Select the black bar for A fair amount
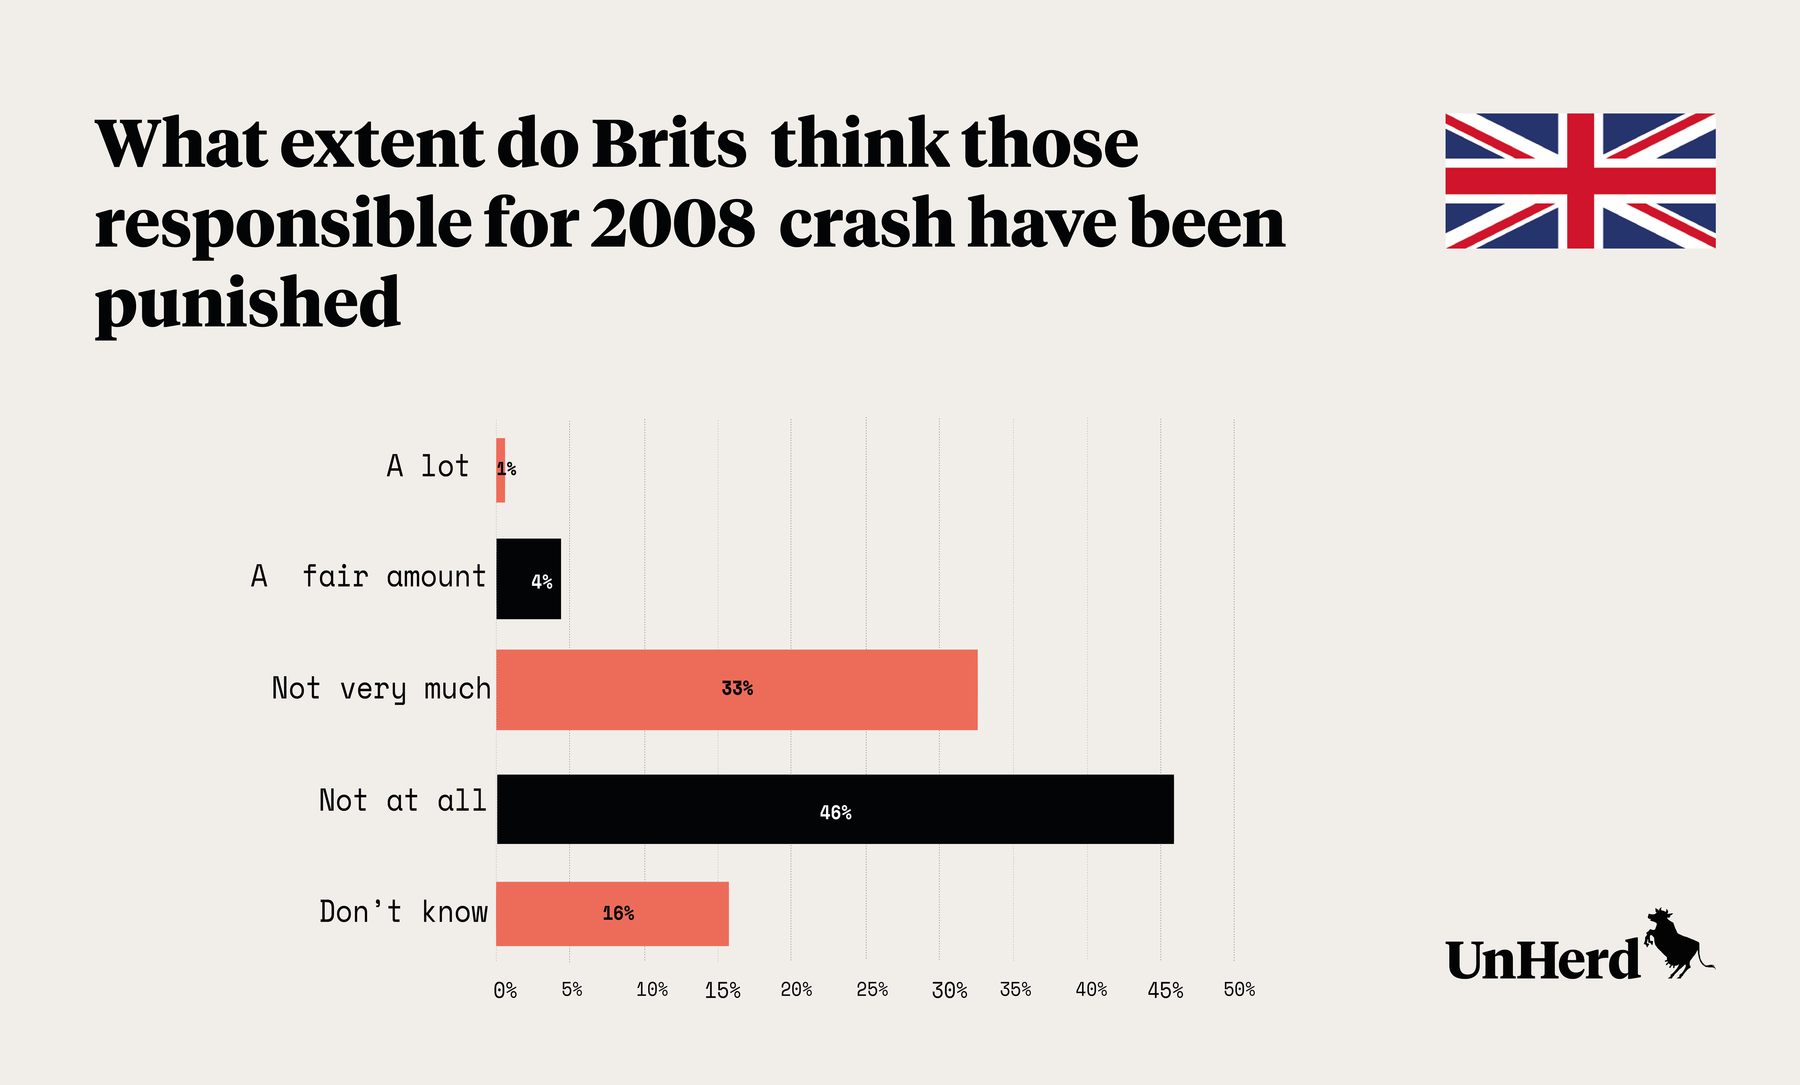pos(528,579)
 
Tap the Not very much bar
pos(736,689)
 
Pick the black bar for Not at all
pos(835,809)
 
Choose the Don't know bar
pos(612,913)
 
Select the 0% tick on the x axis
pos(505,990)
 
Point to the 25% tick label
pos(871,989)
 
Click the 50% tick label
pos(1239,989)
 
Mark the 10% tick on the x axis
pos(652,989)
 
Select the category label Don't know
pos(403,912)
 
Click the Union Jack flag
pos(1580,181)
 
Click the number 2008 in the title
pos(672,223)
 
